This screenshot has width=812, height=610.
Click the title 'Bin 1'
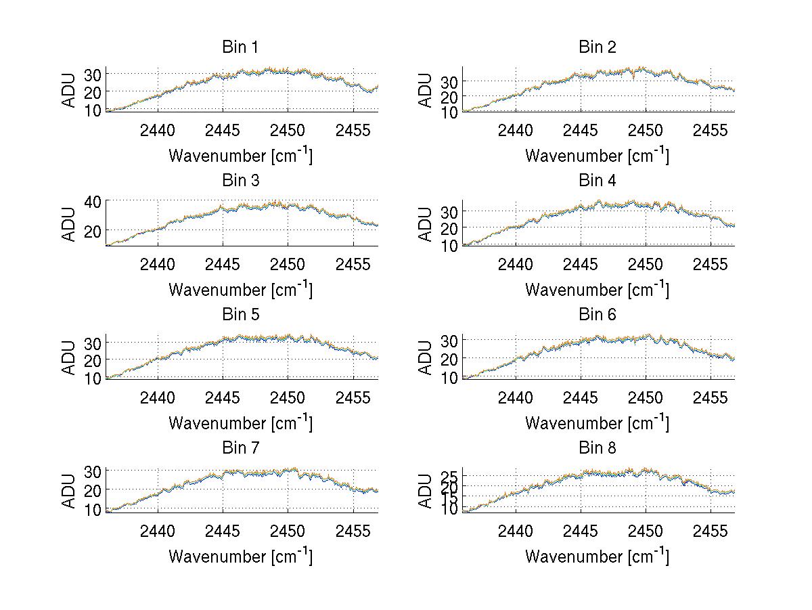click(x=240, y=47)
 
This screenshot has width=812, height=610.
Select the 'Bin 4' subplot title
click(x=597, y=181)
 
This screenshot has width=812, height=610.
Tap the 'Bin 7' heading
click(x=240, y=448)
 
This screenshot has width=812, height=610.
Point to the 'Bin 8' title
click(x=597, y=448)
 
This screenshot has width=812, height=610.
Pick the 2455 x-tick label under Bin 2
click(x=710, y=130)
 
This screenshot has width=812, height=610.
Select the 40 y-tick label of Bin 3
click(x=92, y=201)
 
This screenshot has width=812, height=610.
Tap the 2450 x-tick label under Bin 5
click(x=288, y=397)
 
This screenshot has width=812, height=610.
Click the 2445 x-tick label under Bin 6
click(x=581, y=397)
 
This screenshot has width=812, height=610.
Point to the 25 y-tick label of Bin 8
click(x=449, y=477)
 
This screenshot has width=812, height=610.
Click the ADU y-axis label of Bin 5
click(x=69, y=357)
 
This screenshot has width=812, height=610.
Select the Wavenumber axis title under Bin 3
click(x=240, y=289)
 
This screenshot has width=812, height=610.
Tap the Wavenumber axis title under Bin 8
click(x=597, y=557)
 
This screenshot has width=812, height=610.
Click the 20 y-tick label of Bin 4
click(x=449, y=227)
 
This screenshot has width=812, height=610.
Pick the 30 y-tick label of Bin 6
click(x=449, y=339)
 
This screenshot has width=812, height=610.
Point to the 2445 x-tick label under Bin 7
click(x=223, y=531)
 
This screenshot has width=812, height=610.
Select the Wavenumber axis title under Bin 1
click(x=240, y=156)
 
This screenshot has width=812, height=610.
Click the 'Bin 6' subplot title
click(x=597, y=315)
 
